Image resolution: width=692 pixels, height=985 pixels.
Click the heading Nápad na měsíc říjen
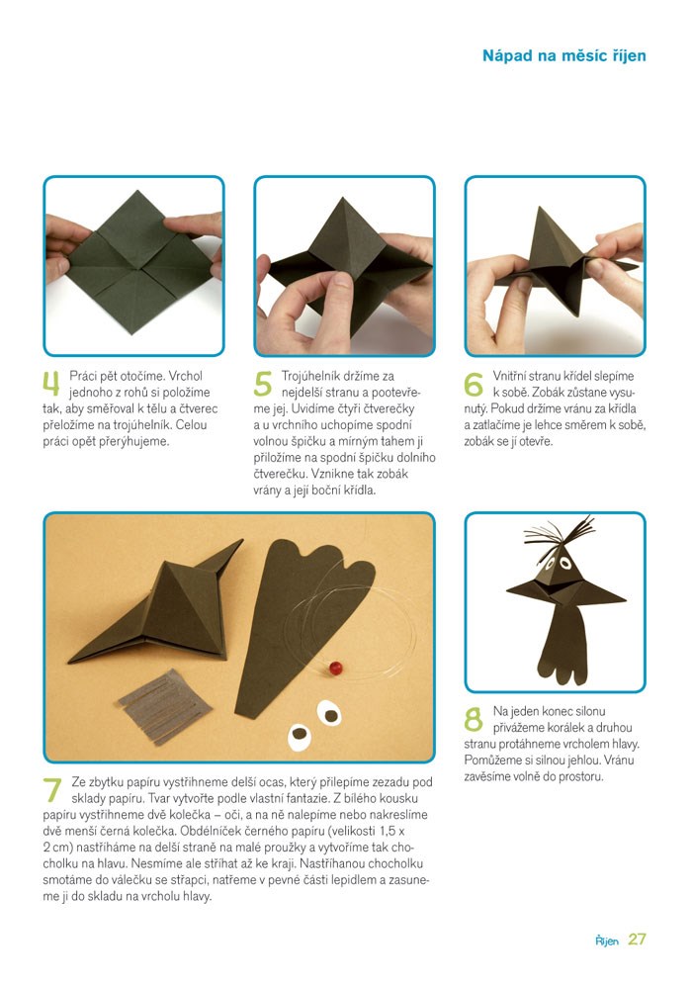click(563, 56)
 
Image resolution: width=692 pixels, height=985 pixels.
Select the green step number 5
click(263, 384)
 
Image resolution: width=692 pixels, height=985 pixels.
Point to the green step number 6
click(474, 384)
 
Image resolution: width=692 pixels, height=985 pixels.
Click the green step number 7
click(52, 789)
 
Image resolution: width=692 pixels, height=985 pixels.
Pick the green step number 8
click(474, 719)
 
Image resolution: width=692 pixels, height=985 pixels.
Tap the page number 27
click(637, 940)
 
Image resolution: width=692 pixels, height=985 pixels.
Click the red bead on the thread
click(336, 668)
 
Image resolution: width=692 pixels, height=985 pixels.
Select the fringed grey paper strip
click(164, 705)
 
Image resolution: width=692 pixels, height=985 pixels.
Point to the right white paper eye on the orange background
click(329, 713)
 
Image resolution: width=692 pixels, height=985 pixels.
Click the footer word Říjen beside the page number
click(607, 940)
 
